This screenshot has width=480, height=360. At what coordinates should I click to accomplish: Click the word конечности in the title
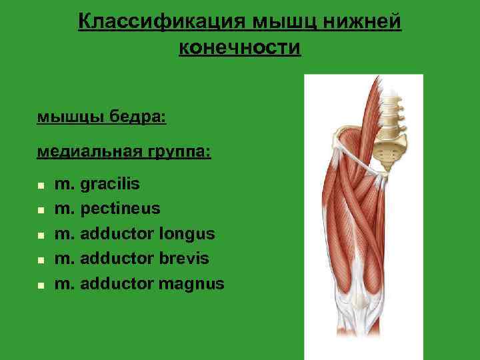point(240,48)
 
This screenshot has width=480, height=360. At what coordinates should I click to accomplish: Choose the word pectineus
point(121,209)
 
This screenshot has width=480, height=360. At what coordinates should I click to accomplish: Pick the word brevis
point(184,259)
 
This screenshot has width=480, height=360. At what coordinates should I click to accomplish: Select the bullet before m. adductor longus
point(41,235)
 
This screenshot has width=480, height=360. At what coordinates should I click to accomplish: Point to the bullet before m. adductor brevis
point(41,260)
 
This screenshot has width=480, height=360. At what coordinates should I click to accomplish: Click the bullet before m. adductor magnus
point(41,285)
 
